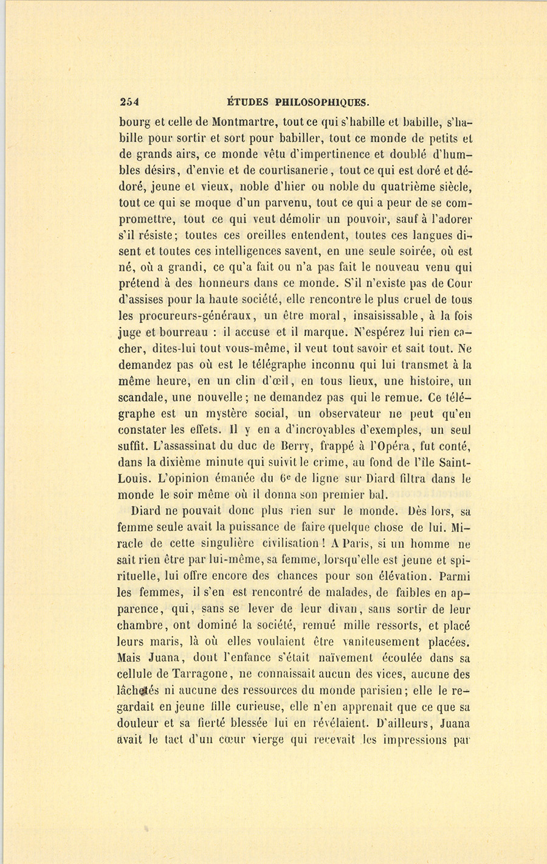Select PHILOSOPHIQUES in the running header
click(x=322, y=102)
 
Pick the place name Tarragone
click(x=196, y=675)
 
